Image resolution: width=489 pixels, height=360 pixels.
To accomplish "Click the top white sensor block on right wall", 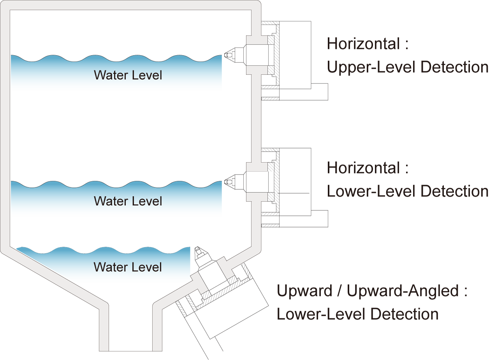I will [x=257, y=55].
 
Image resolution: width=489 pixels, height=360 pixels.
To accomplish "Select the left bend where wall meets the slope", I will [x=5, y=248].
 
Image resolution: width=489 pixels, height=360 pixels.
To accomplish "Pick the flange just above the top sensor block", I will [x=257, y=40].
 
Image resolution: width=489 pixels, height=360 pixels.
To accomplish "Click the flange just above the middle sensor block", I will [x=257, y=167].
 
